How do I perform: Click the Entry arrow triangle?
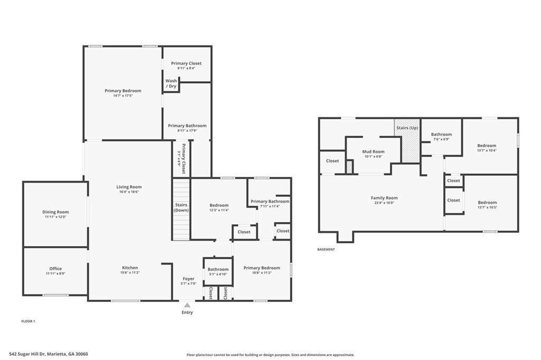[187, 305]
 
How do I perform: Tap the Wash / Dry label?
[171, 83]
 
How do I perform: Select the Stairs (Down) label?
[181, 207]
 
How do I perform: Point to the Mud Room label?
[373, 151]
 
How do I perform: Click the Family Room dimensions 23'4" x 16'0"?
[384, 203]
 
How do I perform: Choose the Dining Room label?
[55, 212]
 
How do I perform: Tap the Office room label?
[55, 269]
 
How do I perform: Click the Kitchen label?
[130, 268]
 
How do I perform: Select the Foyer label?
[189, 279]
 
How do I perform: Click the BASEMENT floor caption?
[326, 249]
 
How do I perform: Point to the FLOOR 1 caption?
[28, 321]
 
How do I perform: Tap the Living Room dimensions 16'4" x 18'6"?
[129, 192]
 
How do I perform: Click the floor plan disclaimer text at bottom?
[270, 355]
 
